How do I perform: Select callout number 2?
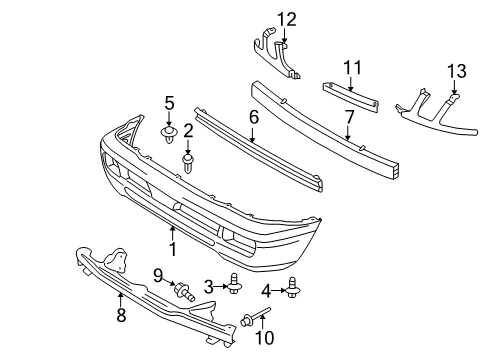[x=187, y=131]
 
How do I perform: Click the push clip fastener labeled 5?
[x=168, y=131]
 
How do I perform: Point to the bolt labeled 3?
[x=233, y=287]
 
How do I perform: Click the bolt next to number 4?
[x=294, y=290]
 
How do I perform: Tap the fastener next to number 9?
[x=184, y=292]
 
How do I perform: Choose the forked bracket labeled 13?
[x=430, y=107]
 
